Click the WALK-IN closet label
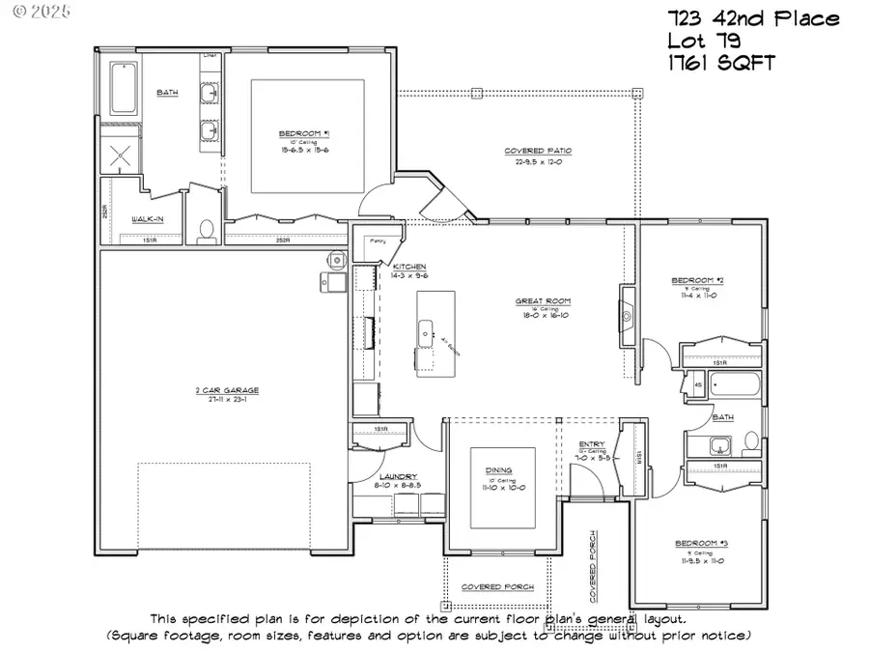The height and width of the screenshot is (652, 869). [x=147, y=220]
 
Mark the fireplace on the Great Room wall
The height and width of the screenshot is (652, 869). [x=626, y=316]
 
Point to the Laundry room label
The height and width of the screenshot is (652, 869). [x=397, y=477]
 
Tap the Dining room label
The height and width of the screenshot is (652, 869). [x=501, y=471]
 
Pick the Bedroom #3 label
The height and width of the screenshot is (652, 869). [x=700, y=544]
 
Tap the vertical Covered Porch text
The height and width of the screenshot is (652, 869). [x=594, y=561]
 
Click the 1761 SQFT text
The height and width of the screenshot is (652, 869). [x=720, y=64]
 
